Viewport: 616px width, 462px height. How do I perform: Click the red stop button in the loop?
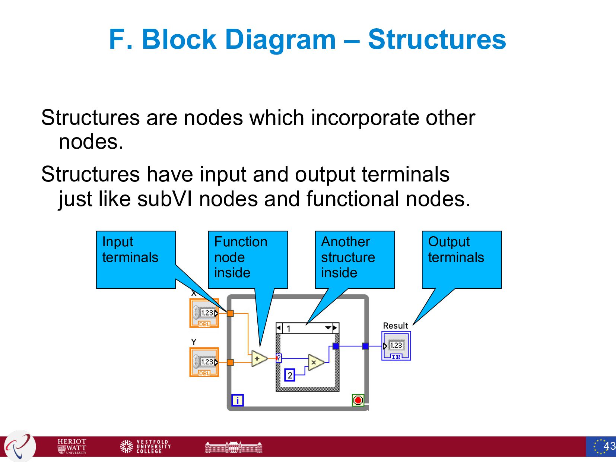click(x=358, y=400)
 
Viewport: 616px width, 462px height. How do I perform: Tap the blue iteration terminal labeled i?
click(x=237, y=400)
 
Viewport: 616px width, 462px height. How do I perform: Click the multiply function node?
click(x=315, y=362)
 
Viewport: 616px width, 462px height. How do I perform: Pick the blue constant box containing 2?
click(x=290, y=375)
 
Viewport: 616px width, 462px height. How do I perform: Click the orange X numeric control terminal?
click(x=204, y=313)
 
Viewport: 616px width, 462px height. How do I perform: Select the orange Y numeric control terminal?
click(x=204, y=362)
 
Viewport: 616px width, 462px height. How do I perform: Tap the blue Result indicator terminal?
click(x=396, y=346)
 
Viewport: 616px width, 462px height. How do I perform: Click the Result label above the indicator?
click(x=395, y=326)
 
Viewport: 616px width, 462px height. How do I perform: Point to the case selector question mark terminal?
click(x=279, y=358)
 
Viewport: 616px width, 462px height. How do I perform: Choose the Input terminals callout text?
click(x=130, y=250)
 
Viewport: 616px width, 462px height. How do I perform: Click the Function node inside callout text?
click(x=241, y=257)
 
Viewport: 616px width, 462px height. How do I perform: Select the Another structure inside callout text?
click(x=348, y=257)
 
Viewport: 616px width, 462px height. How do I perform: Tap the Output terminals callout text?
click(x=456, y=250)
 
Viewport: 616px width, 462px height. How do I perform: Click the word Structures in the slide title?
click(x=437, y=39)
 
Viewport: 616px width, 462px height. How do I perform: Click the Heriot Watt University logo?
click(x=72, y=446)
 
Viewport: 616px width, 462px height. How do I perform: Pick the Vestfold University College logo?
click(x=145, y=446)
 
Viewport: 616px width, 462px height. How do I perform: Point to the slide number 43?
click(x=609, y=446)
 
